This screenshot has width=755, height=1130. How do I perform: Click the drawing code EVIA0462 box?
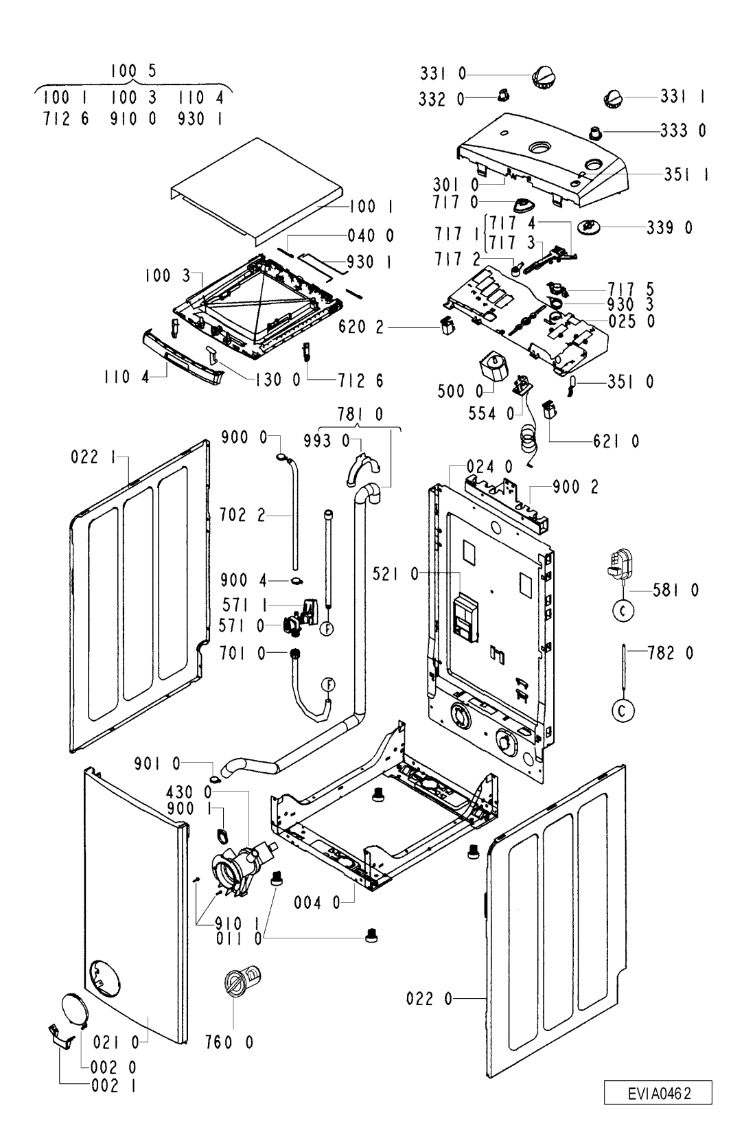658,1093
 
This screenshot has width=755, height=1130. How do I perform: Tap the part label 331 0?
443,73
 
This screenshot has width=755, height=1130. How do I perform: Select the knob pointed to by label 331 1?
614,98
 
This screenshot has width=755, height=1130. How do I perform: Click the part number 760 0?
229,1041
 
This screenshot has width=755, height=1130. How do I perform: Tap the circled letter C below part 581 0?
623,611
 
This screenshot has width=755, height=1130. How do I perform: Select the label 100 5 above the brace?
133,71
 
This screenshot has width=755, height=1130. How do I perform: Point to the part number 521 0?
396,573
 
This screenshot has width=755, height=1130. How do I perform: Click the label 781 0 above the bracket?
360,414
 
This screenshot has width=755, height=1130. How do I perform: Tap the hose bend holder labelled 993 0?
363,469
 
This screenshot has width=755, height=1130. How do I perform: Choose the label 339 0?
670,228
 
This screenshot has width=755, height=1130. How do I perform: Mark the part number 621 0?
616,441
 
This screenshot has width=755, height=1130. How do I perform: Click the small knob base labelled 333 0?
596,132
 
